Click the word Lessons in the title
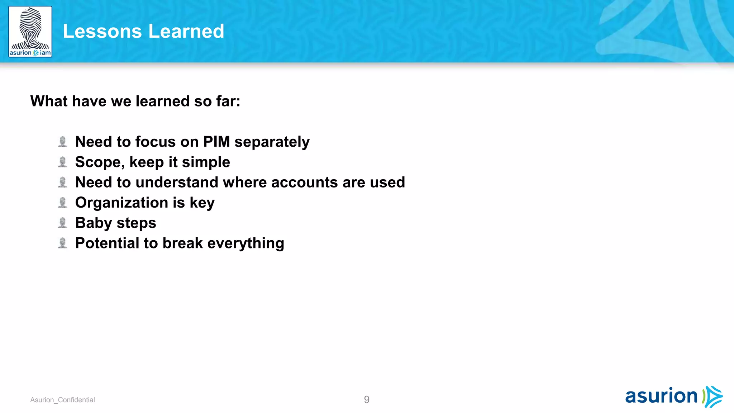[102, 31]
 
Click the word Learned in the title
[186, 31]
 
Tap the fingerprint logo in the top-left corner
[30, 32]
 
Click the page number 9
[367, 399]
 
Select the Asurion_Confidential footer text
[62, 400]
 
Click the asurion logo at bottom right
[673, 397]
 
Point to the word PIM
[216, 142]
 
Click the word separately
[272, 142]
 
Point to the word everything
[246, 244]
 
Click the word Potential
[107, 243]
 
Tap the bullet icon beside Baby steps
[63, 223]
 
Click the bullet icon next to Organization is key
[63, 203]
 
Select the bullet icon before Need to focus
[63, 142]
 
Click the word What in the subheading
[49, 101]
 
